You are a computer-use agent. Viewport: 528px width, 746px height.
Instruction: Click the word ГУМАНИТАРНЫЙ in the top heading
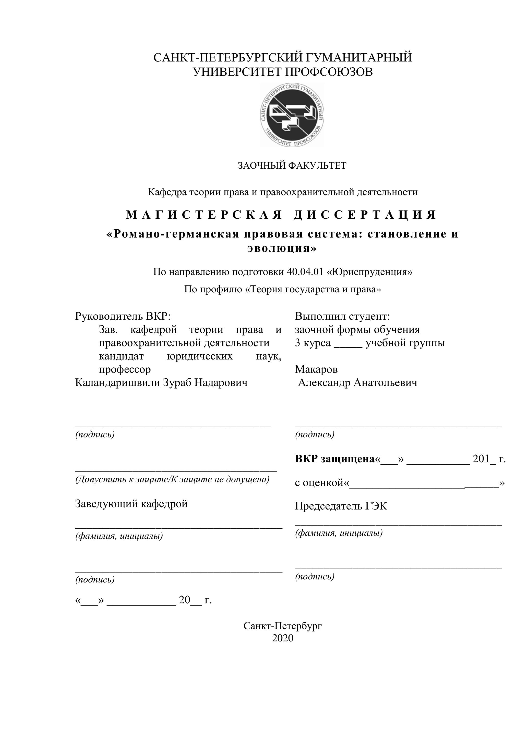point(359,57)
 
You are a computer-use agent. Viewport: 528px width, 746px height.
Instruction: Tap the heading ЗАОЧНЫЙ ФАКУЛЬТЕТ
point(292,166)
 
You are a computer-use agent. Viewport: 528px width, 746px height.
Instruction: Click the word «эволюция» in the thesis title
point(282,248)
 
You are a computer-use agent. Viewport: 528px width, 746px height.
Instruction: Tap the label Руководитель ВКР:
point(123,316)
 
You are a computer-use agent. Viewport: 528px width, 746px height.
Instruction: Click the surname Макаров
point(316,369)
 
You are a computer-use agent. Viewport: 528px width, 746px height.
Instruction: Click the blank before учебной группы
point(348,344)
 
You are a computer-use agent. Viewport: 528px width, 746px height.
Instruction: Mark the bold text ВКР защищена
point(335,459)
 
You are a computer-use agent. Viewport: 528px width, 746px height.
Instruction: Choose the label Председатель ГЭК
point(341,506)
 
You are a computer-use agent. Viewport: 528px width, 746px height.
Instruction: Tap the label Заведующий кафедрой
point(131,504)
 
